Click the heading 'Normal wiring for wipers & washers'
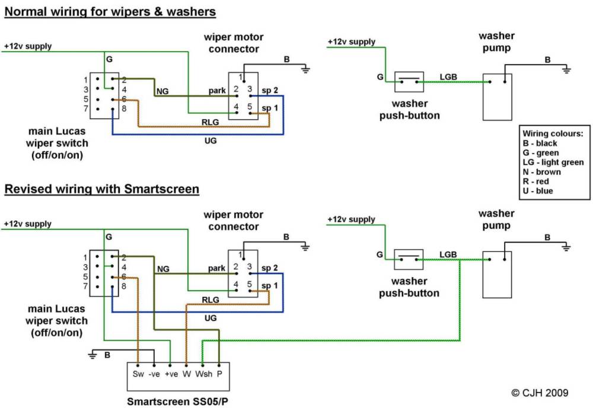[110, 11]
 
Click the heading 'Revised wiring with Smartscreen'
[102, 189]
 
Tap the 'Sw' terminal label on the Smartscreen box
[138, 374]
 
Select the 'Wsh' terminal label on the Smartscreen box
[203, 374]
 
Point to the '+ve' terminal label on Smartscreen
[171, 374]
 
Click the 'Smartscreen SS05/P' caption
[178, 401]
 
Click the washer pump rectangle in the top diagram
[497, 97]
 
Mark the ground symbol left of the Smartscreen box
[93, 355]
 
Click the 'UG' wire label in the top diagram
[210, 142]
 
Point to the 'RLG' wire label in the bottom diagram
[210, 299]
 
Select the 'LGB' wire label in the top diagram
[448, 76]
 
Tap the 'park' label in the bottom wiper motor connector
[217, 267]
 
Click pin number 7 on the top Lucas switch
[86, 109]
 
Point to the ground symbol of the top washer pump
[566, 70]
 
